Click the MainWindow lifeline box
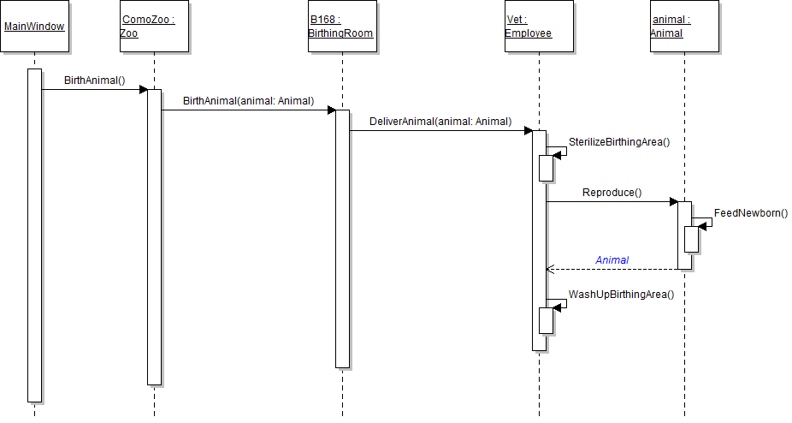(34, 27)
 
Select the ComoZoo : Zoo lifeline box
(154, 27)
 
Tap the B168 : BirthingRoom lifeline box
(341, 27)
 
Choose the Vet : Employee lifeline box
(539, 27)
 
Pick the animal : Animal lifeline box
(683, 27)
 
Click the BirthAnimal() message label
(94, 80)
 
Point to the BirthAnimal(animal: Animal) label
(248, 101)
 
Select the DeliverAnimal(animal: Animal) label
(440, 122)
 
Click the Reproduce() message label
(612, 193)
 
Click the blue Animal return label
(612, 260)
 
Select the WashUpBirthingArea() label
(622, 295)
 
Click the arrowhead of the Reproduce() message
(674, 202)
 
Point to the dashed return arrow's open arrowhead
(550, 270)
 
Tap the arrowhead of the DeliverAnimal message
(529, 131)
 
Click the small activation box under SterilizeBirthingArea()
(546, 168)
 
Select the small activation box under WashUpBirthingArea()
(546, 320)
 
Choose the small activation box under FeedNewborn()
(691, 239)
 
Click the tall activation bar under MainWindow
(34, 235)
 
